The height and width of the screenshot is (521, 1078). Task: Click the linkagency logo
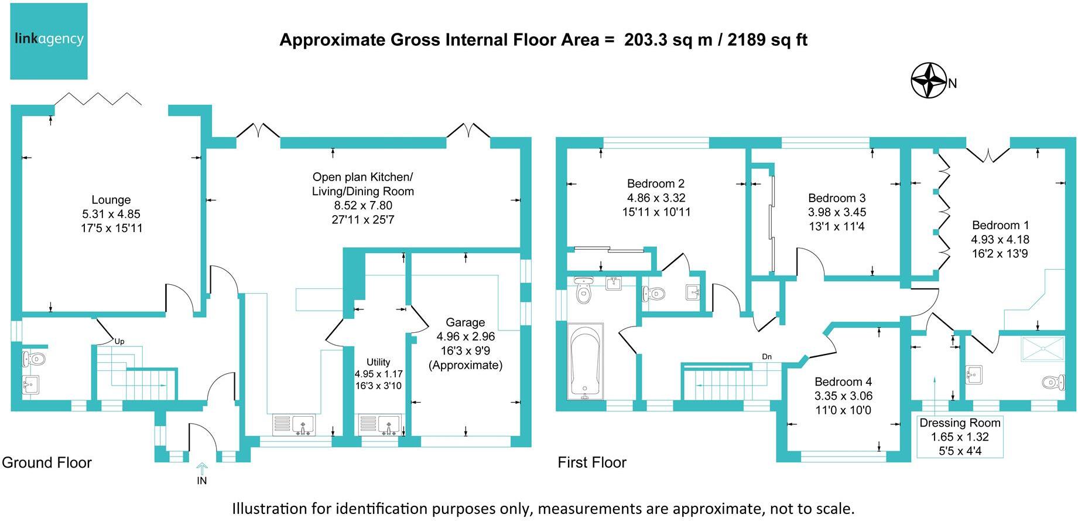tap(49, 41)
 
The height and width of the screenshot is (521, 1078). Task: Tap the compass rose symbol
tap(929, 80)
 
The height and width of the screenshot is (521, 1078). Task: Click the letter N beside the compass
tap(953, 84)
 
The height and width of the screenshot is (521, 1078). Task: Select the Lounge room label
tap(111, 200)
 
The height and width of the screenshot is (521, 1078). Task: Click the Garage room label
tap(465, 322)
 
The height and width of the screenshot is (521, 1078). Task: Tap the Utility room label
tap(378, 362)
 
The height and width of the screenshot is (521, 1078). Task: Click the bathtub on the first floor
tap(586, 360)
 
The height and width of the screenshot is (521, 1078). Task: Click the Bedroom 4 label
tap(843, 382)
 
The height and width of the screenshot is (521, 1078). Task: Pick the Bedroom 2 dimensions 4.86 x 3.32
tap(656, 198)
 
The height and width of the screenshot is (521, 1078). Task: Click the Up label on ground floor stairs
tap(119, 341)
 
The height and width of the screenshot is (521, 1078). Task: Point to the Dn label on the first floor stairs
tap(766, 356)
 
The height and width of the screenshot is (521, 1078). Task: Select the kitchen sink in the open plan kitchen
tap(303, 425)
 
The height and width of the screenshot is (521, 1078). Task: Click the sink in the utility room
tap(388, 425)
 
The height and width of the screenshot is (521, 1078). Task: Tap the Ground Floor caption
tap(47, 462)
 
